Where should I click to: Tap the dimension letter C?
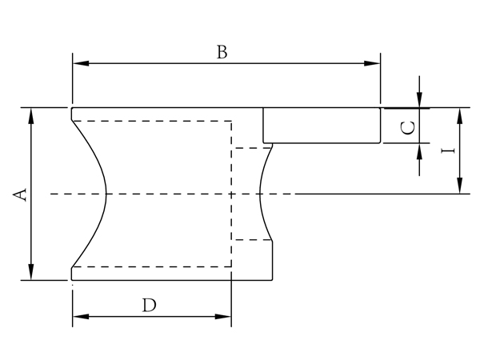point(407,127)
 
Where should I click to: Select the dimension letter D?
point(149,305)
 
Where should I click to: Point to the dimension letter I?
point(449,150)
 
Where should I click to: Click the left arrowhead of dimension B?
point(78,64)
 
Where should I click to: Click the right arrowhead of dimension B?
point(374,64)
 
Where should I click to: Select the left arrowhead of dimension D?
point(78,318)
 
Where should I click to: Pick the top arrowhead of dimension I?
point(459,114)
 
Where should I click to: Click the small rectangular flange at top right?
point(322,126)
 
